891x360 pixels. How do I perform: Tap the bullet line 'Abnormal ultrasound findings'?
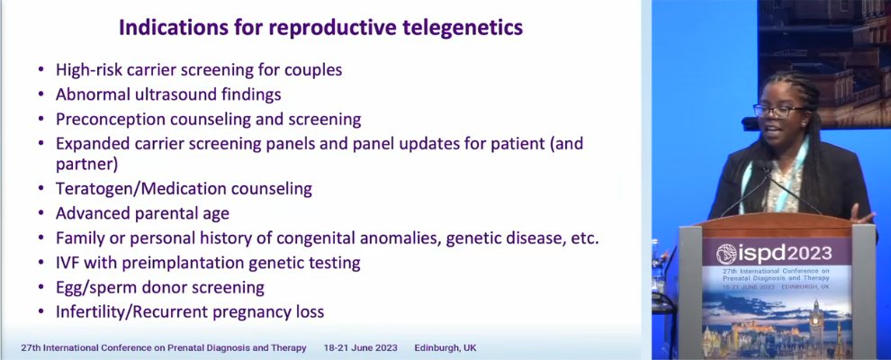(x=168, y=94)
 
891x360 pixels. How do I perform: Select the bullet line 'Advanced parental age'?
(x=142, y=213)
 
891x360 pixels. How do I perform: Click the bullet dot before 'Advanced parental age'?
(x=40, y=214)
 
